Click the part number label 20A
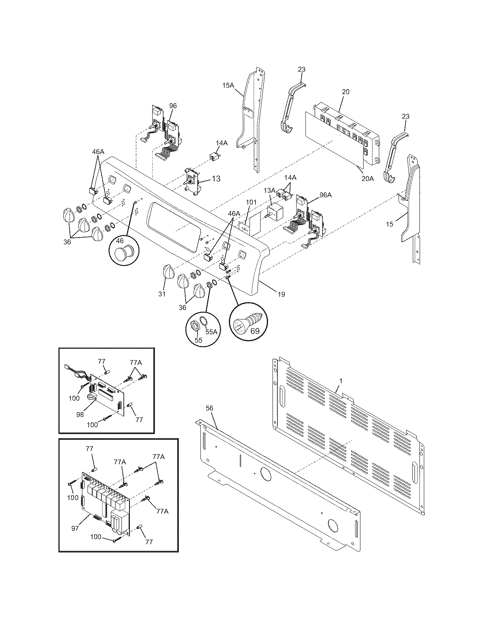[367, 178]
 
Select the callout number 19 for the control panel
[281, 294]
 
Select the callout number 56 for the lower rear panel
[209, 408]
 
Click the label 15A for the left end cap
[228, 86]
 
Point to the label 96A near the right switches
[325, 195]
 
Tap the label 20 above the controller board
[345, 91]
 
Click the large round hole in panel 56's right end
[333, 525]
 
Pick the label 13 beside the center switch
[216, 178]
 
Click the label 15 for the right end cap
[389, 224]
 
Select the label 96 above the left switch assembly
[173, 106]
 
